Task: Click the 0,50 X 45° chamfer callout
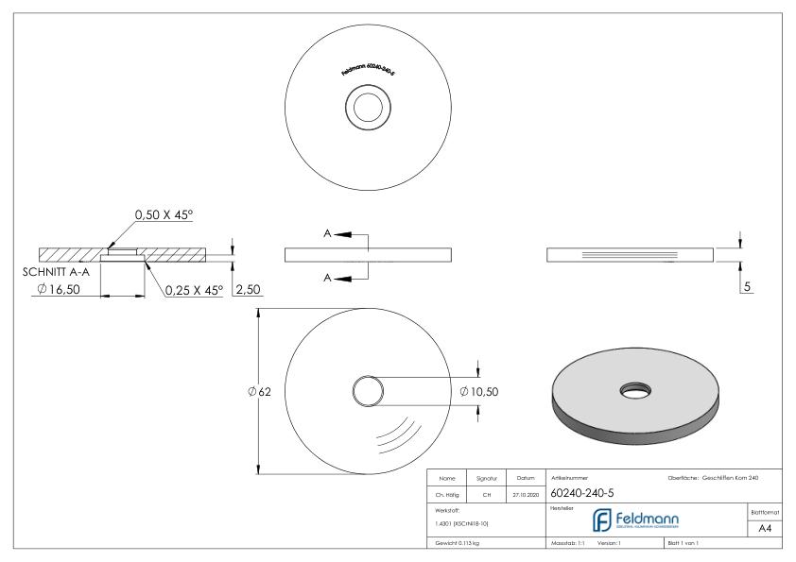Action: (x=164, y=215)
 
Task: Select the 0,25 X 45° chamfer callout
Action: (x=193, y=290)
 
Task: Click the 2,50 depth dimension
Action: (x=247, y=290)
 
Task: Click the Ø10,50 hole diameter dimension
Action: (x=478, y=391)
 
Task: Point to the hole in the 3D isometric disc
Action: (x=631, y=388)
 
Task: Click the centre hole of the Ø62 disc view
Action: (x=367, y=391)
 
